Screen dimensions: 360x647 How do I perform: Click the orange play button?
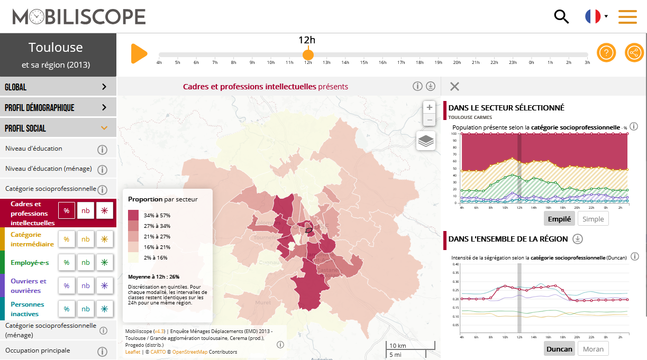click(139, 54)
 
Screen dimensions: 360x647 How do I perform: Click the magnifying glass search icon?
click(561, 16)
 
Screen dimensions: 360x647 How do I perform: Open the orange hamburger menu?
click(627, 16)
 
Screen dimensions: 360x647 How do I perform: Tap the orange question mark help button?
click(606, 53)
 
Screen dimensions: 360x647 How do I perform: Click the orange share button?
click(634, 53)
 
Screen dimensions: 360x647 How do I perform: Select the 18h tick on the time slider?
click(420, 62)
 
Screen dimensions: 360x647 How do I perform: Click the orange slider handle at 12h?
click(308, 54)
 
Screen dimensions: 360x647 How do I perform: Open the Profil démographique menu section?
click(58, 107)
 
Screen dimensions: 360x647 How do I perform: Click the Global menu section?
click(58, 87)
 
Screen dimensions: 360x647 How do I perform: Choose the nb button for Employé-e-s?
click(86, 262)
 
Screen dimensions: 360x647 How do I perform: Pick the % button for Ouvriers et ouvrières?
click(67, 285)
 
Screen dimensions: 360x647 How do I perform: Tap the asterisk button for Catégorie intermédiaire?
click(105, 239)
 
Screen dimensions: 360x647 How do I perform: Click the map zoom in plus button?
click(430, 107)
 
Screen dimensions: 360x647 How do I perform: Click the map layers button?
click(426, 141)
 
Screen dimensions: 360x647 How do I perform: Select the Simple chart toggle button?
click(593, 219)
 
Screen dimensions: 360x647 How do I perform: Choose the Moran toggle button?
click(593, 349)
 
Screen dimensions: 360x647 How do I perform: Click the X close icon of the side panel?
click(454, 87)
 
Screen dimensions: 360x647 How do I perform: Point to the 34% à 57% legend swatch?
click(133, 215)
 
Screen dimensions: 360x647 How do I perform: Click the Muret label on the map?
click(263, 303)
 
